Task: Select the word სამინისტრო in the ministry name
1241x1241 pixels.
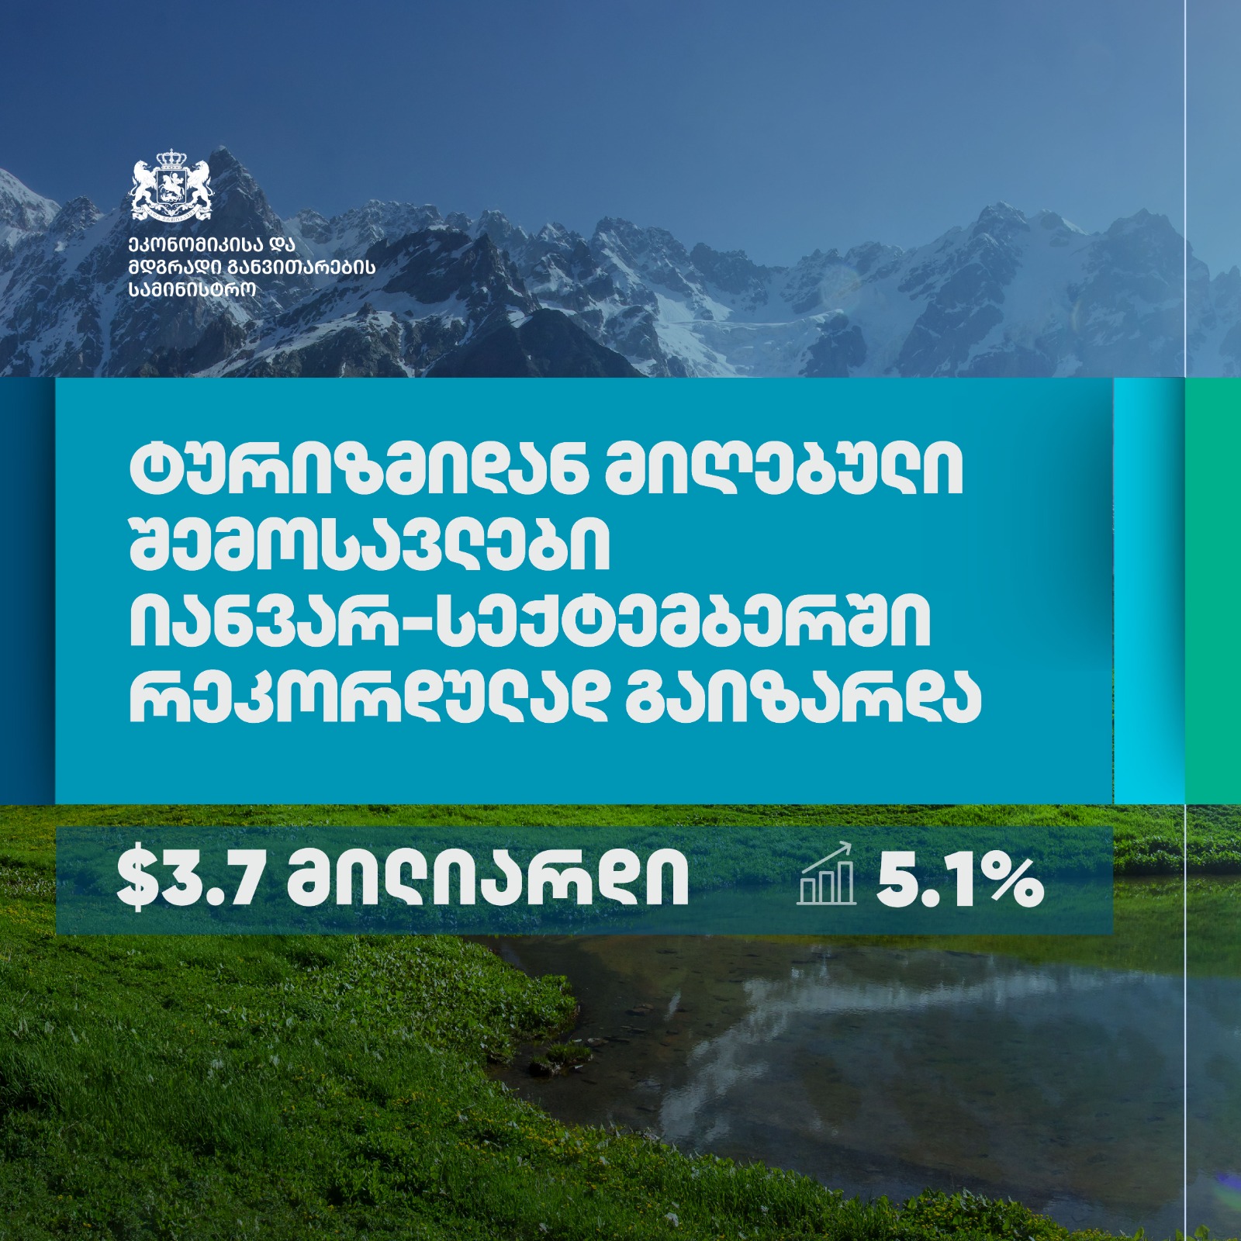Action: pos(192,289)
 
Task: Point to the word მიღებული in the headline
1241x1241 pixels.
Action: pos(783,470)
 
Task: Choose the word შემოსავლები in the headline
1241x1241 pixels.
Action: pos(370,546)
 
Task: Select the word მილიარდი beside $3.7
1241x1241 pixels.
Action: pos(488,881)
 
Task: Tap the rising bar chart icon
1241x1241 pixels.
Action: pos(827,874)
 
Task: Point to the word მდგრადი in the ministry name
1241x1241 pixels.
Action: pos(175,268)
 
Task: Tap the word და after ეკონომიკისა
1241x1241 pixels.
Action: pos(283,246)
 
